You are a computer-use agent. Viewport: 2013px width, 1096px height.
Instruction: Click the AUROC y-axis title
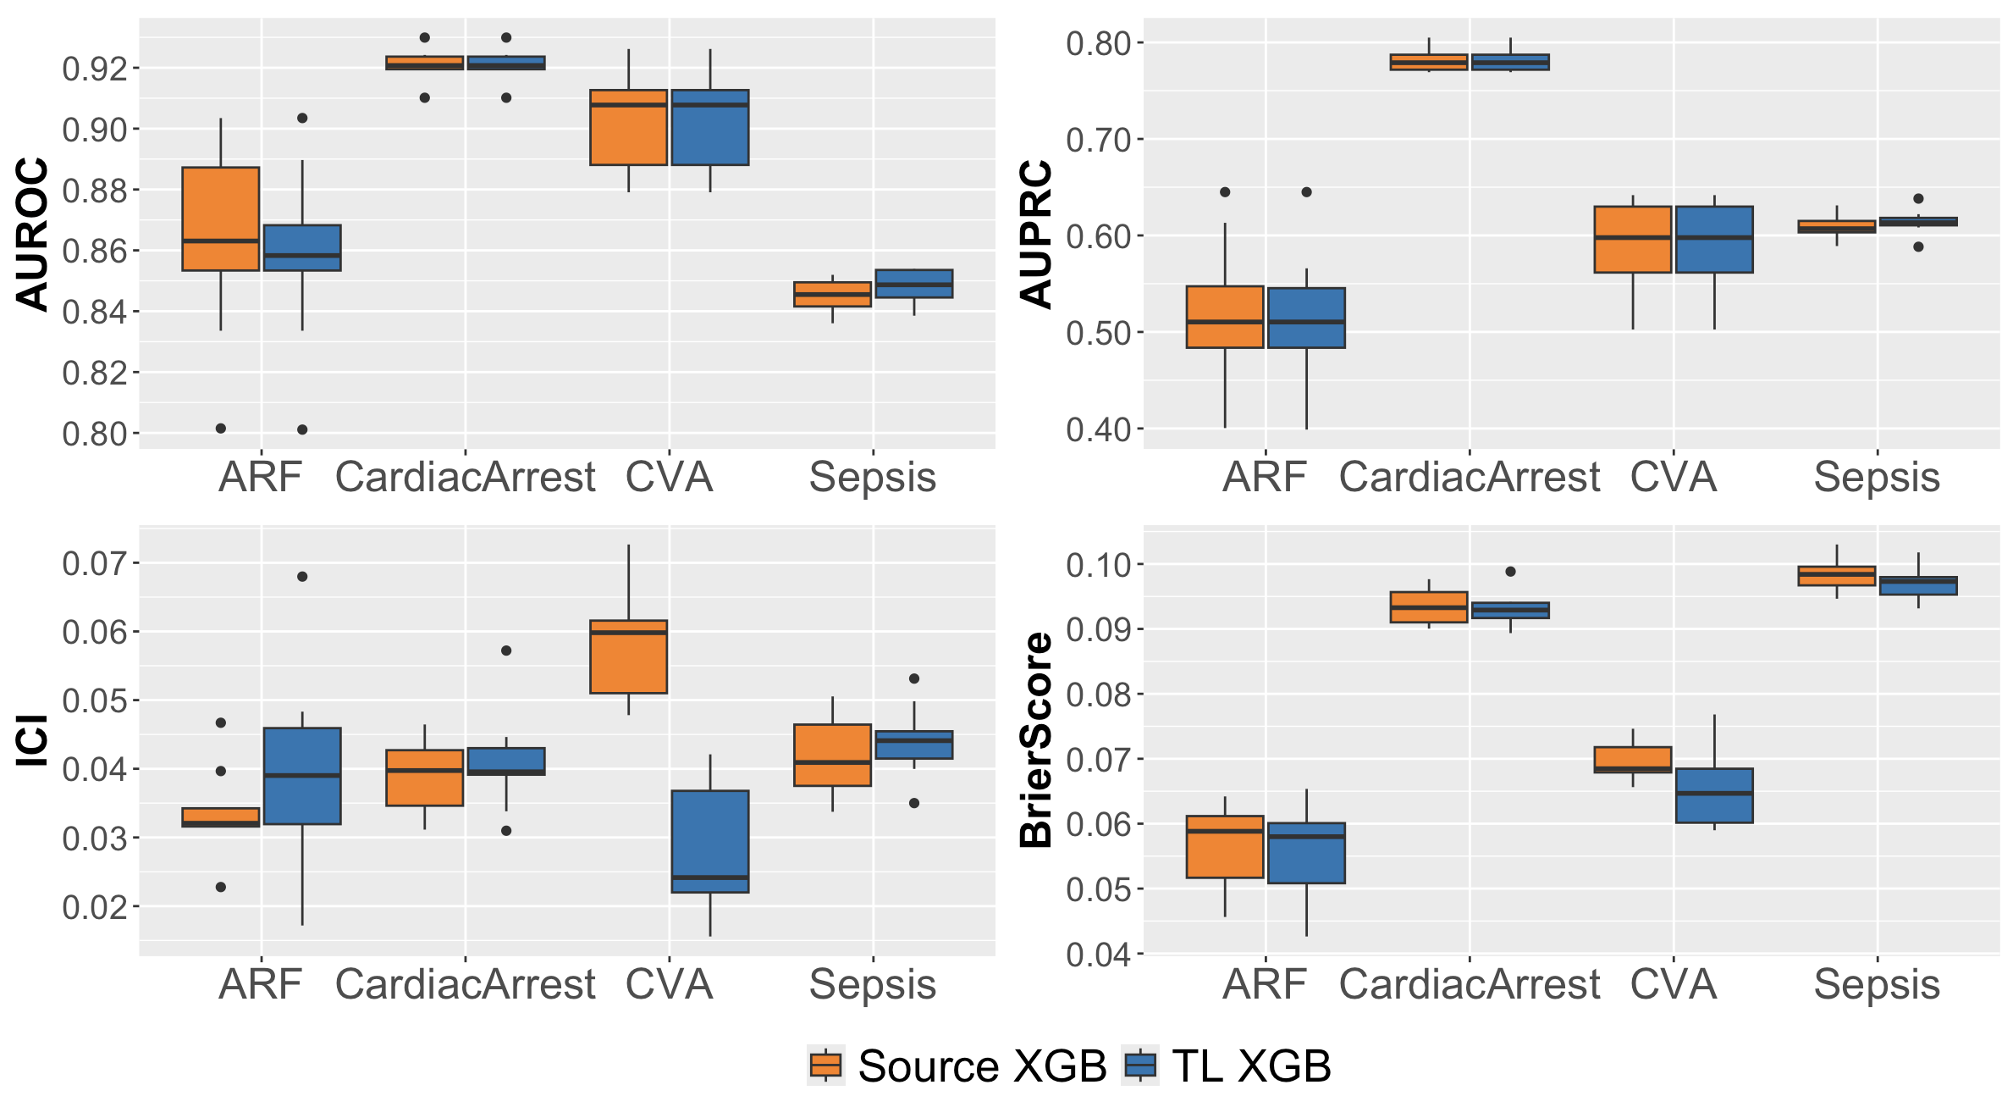(x=32, y=235)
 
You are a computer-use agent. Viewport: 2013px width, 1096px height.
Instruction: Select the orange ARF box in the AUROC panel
(x=221, y=219)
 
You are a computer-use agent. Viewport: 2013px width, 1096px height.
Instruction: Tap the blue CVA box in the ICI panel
(x=710, y=840)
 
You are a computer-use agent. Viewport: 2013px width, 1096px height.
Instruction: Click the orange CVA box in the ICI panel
(x=629, y=656)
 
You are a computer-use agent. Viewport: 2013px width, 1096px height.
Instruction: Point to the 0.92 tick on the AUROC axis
(x=95, y=69)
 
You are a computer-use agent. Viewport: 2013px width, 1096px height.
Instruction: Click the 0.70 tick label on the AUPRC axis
(x=1099, y=140)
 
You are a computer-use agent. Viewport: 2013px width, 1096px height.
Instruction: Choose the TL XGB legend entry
(x=1227, y=1066)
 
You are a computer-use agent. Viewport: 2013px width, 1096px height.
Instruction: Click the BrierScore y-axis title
(x=1037, y=739)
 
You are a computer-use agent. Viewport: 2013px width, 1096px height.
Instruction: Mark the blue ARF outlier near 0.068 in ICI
(x=302, y=577)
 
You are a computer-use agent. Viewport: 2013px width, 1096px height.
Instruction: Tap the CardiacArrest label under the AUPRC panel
(x=1469, y=477)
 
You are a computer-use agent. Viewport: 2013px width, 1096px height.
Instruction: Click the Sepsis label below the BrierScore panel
(x=1877, y=984)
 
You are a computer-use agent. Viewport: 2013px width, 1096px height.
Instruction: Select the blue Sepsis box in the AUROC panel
(x=914, y=284)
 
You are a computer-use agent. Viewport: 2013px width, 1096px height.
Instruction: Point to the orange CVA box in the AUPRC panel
(x=1633, y=239)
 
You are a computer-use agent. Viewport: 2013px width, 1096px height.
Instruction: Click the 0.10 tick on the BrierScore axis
(x=1099, y=565)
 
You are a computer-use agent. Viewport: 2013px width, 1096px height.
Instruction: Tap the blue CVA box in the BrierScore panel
(x=1714, y=795)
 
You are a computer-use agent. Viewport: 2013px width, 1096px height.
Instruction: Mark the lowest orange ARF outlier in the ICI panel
(x=221, y=887)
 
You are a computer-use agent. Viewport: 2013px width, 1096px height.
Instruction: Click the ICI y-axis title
(x=32, y=741)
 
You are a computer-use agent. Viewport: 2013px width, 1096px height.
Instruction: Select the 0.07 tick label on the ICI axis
(x=95, y=563)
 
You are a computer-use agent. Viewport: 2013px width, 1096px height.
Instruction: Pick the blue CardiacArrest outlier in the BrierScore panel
(x=1510, y=572)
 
